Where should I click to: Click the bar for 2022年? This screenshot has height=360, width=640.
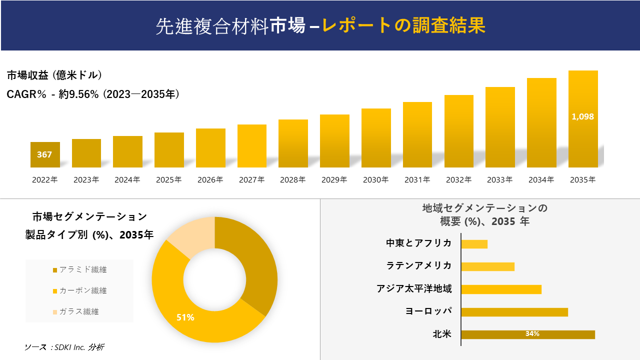(x=45, y=155)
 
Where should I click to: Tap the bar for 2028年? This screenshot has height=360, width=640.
(x=293, y=144)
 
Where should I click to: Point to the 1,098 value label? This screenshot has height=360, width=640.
(x=582, y=116)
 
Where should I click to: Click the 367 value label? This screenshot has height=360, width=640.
(x=44, y=154)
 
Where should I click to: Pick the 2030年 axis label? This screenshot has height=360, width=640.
(x=375, y=179)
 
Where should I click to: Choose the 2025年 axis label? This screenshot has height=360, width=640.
(x=168, y=179)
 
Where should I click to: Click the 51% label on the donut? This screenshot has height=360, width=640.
(x=185, y=317)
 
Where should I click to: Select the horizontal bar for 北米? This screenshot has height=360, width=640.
(x=527, y=334)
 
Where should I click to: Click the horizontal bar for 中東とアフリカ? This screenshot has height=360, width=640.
(x=474, y=244)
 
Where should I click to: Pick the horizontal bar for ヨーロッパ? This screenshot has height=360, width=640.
(x=514, y=312)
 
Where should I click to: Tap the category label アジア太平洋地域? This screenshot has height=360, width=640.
(x=414, y=288)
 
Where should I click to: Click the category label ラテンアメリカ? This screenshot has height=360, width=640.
(x=419, y=265)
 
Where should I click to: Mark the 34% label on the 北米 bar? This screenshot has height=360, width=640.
(x=532, y=334)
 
